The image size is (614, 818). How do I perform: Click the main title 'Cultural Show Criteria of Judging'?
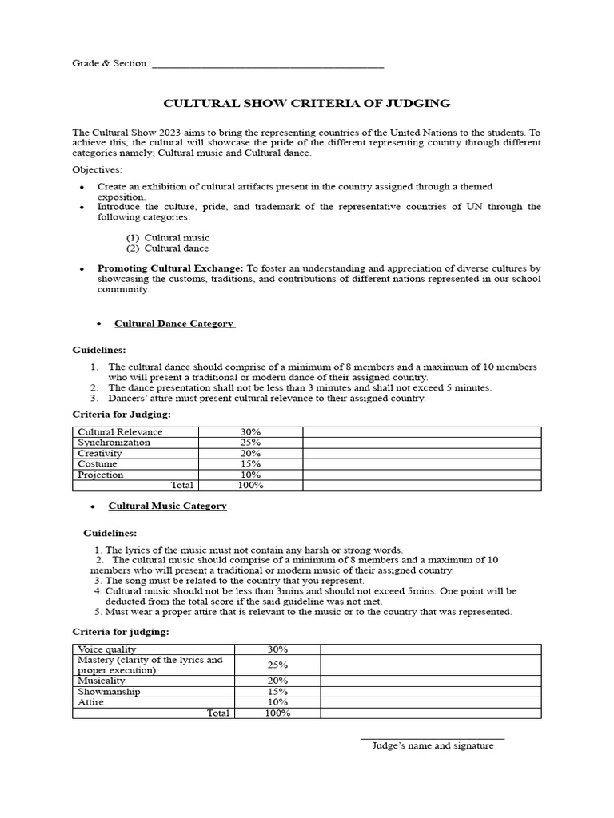coord(307,104)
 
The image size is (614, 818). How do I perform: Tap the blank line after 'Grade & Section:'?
coord(267,66)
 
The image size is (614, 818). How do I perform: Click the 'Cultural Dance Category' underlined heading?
coord(174,324)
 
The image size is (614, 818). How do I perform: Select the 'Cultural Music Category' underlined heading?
coord(167,506)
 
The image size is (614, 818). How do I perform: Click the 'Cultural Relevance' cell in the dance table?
coord(120,432)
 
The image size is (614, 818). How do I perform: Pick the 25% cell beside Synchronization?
coord(250,443)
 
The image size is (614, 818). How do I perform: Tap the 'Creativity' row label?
coord(100,453)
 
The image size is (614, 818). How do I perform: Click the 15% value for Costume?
coord(250,464)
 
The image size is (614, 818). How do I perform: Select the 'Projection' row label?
coord(101,475)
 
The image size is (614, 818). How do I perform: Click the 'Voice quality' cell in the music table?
coord(107,649)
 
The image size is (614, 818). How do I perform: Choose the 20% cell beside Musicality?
coord(277,681)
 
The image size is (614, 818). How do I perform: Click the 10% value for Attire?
coord(277,701)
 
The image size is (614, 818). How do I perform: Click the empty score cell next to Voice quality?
coord(431,649)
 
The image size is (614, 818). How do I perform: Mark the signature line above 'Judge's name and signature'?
coord(433,738)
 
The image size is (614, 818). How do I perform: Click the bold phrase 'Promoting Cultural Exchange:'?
coord(170,268)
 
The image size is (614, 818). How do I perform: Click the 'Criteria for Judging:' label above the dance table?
coord(122,415)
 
